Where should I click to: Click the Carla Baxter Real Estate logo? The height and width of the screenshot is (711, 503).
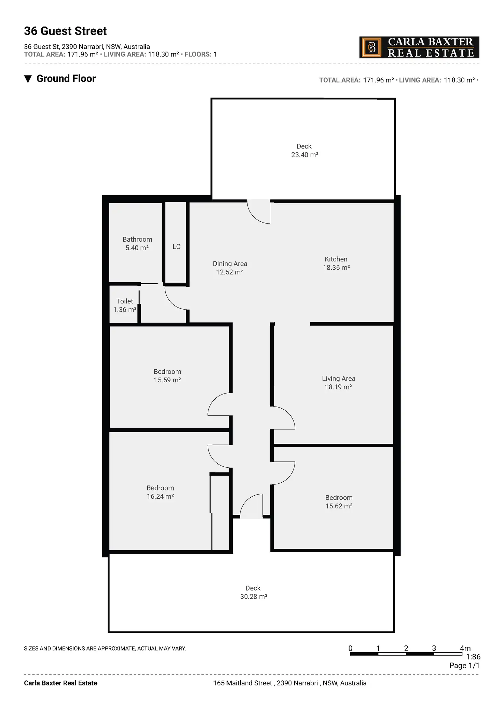pyautogui.click(x=419, y=47)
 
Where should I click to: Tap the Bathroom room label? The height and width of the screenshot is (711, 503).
pyautogui.click(x=137, y=239)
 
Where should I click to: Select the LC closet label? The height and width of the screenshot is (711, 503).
pyautogui.click(x=176, y=246)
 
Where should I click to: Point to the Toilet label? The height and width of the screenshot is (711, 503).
pyautogui.click(x=124, y=301)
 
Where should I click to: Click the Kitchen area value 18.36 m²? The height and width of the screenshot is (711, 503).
pyautogui.click(x=336, y=268)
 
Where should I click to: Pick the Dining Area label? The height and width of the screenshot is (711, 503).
pyautogui.click(x=230, y=264)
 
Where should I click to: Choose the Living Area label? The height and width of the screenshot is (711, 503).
pyautogui.click(x=338, y=378)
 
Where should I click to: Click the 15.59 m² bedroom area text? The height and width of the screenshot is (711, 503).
pyautogui.click(x=167, y=380)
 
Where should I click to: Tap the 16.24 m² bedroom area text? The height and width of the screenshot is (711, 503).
pyautogui.click(x=160, y=496)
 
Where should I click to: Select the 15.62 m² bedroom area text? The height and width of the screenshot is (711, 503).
pyautogui.click(x=339, y=506)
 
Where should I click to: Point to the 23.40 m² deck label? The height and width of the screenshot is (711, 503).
pyautogui.click(x=304, y=155)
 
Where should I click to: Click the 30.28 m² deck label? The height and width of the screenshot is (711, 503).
pyautogui.click(x=254, y=596)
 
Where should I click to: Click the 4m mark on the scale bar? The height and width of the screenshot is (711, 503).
pyautogui.click(x=465, y=648)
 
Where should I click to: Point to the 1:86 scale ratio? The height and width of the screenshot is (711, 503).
pyautogui.click(x=473, y=657)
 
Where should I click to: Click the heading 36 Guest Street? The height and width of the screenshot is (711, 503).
pyautogui.click(x=65, y=31)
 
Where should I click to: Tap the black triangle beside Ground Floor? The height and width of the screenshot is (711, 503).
pyautogui.click(x=28, y=79)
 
